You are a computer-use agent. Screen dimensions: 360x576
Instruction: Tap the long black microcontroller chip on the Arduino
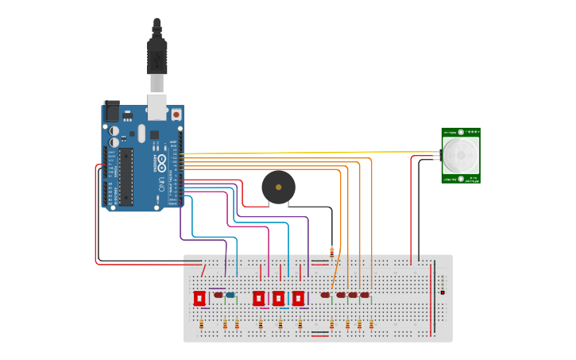126,176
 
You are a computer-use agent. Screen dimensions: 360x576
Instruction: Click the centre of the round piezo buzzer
278,188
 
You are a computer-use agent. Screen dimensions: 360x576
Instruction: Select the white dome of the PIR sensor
461,156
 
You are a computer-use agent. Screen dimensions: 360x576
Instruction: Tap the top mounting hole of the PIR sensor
461,132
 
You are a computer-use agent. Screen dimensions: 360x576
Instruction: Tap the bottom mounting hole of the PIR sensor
461,180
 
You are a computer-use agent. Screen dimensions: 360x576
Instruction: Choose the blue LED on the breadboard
230,296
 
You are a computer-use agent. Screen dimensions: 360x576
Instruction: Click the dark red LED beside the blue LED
218,296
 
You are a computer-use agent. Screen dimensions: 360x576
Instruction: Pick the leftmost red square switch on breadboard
199,298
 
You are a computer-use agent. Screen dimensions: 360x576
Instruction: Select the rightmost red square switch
298,298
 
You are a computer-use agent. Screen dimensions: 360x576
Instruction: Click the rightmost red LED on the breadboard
365,296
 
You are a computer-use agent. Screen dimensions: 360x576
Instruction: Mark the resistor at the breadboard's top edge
331,251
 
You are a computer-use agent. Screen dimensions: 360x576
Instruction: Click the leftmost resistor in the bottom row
202,324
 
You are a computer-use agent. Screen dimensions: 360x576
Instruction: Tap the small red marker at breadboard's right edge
443,292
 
